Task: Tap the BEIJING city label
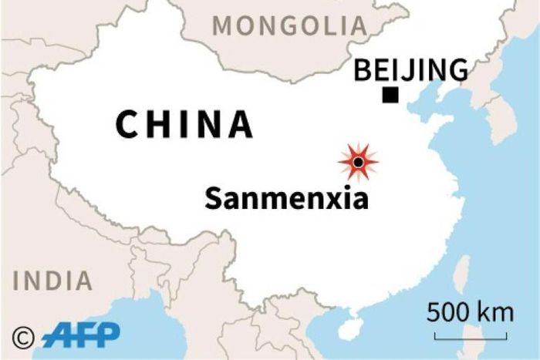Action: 410,70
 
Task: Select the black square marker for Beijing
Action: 390,96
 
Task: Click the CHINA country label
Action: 184,125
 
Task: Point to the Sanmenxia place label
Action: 286,199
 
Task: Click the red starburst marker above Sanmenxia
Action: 358,162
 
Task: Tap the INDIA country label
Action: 52,281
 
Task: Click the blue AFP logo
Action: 81,335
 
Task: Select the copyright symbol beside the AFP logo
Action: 24,337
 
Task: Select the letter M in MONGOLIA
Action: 223,25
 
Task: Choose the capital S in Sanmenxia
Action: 214,199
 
